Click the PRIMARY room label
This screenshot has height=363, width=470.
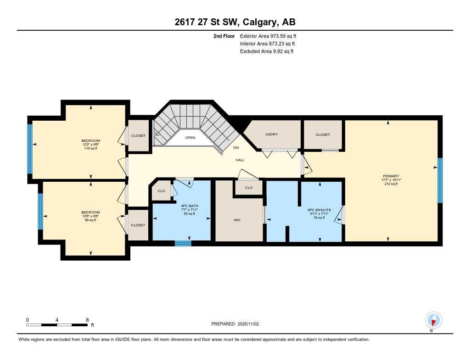coord(391,176)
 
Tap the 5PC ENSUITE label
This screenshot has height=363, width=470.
coord(319,210)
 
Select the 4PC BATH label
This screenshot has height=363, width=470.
coord(189,206)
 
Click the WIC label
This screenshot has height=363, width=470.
coord(237,220)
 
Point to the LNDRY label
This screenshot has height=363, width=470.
coord(272,134)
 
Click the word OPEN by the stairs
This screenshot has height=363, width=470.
coord(190,138)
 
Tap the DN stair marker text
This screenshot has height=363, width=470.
coord(236,148)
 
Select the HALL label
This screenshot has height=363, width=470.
coord(240,160)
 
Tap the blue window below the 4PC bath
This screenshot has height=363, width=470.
coord(183,244)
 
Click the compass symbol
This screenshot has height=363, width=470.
coord(433,320)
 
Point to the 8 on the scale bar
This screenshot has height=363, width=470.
coord(87,319)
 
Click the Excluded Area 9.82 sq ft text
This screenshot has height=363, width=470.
coord(266,51)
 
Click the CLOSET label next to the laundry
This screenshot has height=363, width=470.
coord(323,134)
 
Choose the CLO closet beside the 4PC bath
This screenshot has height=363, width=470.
coord(161,191)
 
